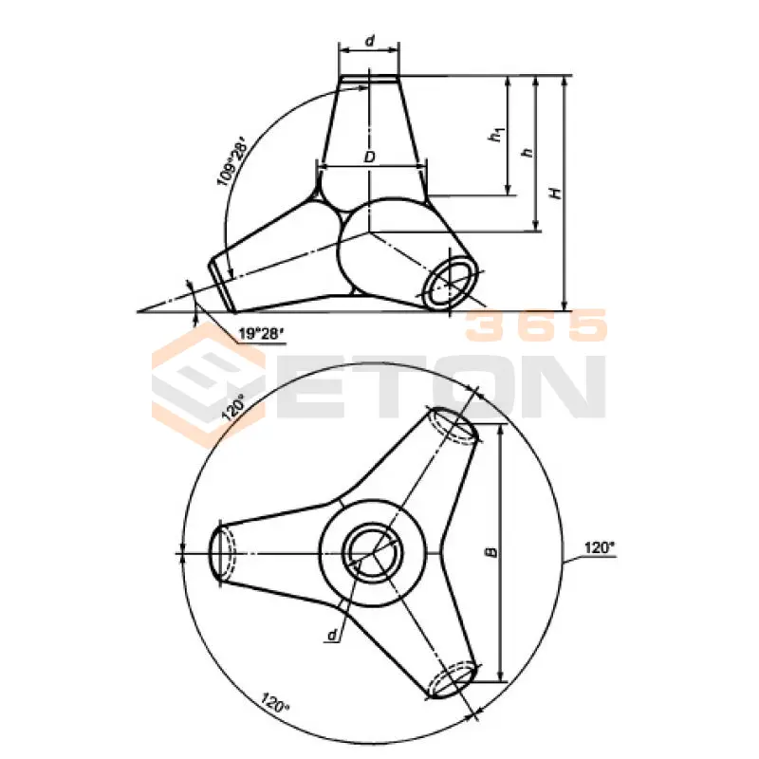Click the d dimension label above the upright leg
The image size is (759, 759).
370,41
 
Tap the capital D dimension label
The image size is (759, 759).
369,157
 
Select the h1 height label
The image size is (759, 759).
496,134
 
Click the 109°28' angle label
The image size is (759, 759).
232,161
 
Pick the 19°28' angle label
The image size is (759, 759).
260,334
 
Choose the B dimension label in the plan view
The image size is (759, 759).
491,552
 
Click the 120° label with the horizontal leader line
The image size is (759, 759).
600,548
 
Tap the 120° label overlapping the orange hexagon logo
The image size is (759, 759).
233,407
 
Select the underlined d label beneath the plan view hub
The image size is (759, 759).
332,635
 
